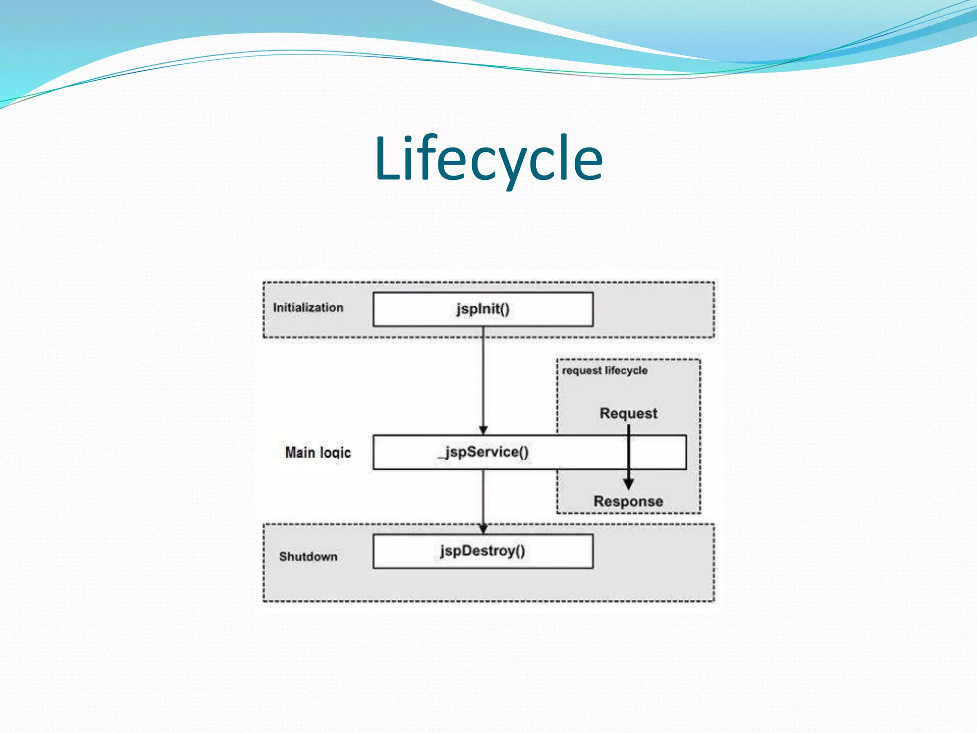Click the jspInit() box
click(x=483, y=309)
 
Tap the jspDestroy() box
click(x=483, y=551)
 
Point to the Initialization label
click(x=308, y=308)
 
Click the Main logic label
click(x=318, y=452)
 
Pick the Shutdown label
click(x=308, y=556)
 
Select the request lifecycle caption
click(x=604, y=371)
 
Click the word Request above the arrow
click(x=628, y=413)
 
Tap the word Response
click(x=628, y=502)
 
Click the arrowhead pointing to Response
click(x=629, y=484)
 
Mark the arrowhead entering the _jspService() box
click(x=483, y=430)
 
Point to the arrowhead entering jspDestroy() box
click(x=483, y=529)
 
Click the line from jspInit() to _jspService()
click(x=483, y=377)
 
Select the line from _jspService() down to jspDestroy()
click(x=483, y=496)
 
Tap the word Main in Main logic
click(x=300, y=452)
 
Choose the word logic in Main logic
click(x=335, y=453)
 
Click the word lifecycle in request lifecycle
click(x=626, y=371)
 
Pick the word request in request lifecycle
click(x=582, y=371)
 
